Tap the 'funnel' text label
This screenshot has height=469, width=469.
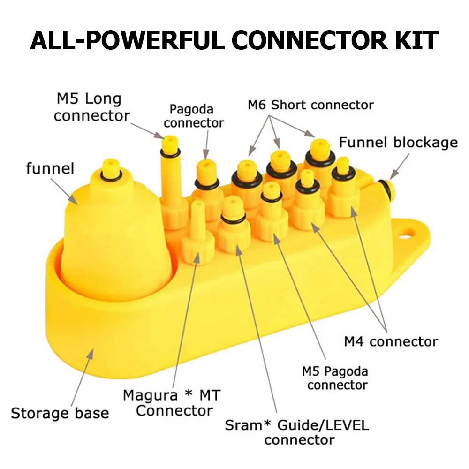coord(50,168)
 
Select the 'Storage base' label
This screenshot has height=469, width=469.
coord(60,413)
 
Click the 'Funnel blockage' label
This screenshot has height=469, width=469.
coord(398,142)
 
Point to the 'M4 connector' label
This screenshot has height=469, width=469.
coord(391,341)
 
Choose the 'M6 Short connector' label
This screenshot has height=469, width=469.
coord(310,105)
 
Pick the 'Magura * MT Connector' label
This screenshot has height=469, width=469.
coord(171,403)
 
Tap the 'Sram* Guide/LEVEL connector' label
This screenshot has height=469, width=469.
coord(297,432)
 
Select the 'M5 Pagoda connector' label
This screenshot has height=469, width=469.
coord(335,378)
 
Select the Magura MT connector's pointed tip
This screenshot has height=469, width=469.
coord(198,205)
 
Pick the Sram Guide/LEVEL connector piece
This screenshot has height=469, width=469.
coord(233,225)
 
